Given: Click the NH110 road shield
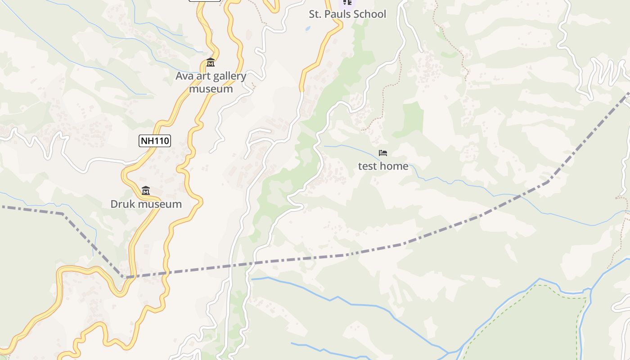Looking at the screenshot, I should coord(155,141).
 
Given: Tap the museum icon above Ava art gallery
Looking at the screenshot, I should coord(210,63).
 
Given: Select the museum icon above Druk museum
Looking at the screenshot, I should coord(145,191).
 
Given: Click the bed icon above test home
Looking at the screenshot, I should coord(383,153).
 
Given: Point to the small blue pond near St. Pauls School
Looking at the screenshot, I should coord(308,28).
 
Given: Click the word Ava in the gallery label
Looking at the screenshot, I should coord(184,76).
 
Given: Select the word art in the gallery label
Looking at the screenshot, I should coord(202,76).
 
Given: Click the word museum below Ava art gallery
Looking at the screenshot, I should coord(211,89).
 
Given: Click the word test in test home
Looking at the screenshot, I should coord(367,166).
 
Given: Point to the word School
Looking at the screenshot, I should coord(370,14).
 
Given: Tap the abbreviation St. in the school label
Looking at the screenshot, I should coord(315,14).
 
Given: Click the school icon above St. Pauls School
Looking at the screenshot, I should coord(347,2).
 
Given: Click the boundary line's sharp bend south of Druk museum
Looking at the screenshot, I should coord(125,277).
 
